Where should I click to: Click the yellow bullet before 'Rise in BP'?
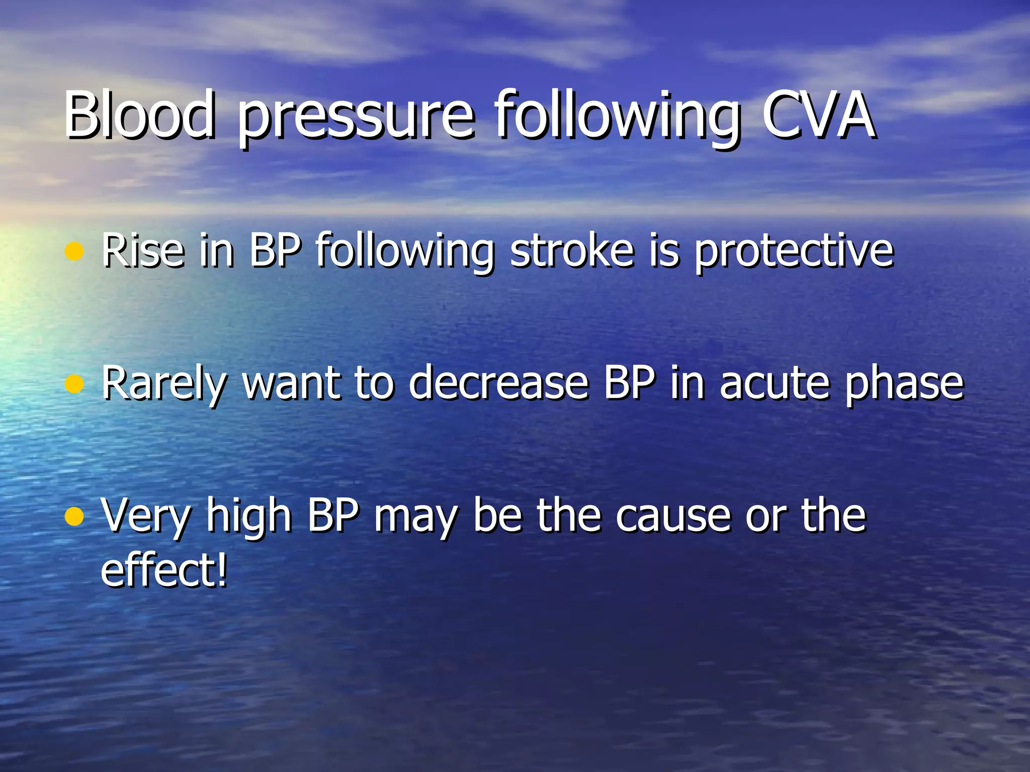[74, 251]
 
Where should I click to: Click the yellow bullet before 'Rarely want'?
[74, 384]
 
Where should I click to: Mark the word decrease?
[498, 383]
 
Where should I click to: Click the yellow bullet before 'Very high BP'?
[74, 516]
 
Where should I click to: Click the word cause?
[674, 517]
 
